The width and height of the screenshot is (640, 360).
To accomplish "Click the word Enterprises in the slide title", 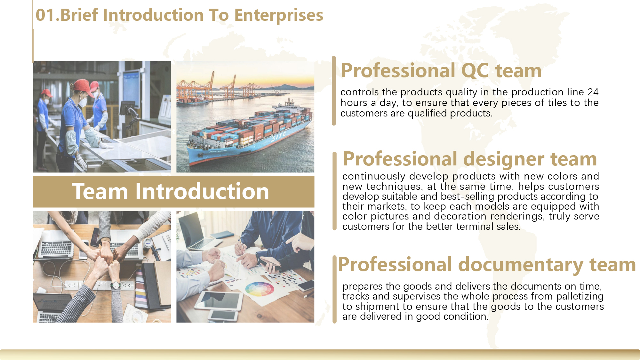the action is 278,15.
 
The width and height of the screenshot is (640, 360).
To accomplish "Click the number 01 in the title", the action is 45,15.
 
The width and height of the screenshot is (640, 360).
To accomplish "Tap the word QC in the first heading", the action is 475,71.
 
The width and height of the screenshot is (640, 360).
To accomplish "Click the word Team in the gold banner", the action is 100,191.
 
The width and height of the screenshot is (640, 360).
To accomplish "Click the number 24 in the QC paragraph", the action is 593,92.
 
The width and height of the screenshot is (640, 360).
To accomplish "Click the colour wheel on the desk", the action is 260,289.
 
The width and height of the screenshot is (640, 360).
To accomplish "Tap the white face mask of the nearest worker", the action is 84,102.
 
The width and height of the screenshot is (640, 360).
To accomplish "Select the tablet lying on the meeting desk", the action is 219,301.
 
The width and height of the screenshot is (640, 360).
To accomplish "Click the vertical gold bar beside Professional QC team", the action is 334,91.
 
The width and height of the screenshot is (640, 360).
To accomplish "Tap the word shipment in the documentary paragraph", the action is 378,307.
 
